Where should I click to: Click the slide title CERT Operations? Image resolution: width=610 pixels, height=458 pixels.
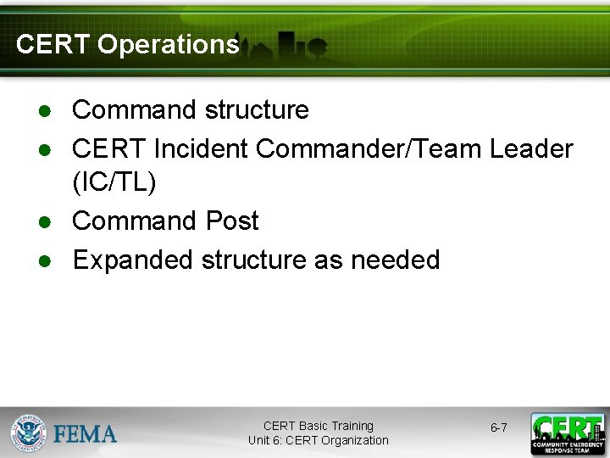tap(127, 44)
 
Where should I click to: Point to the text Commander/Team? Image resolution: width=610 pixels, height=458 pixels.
tap(369, 148)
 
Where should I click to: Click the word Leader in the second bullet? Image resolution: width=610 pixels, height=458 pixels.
tap(531, 148)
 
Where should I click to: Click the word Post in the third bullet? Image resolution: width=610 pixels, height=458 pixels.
tap(232, 221)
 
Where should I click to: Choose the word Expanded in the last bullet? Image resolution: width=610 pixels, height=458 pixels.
tap(133, 260)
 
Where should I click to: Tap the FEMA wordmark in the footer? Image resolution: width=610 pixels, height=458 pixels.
tap(86, 433)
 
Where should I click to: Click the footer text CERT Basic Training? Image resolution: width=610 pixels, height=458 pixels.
tap(318, 426)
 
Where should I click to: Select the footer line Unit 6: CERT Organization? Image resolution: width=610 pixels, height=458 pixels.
tap(318, 440)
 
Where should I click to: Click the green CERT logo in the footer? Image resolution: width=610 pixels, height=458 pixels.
tap(567, 433)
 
